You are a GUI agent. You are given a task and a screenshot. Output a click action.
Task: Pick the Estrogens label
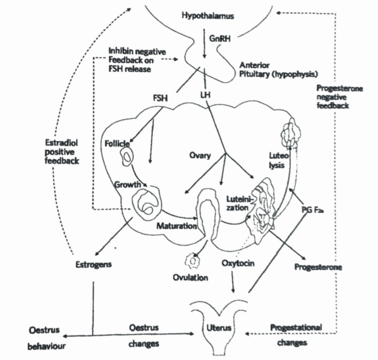click(93, 264)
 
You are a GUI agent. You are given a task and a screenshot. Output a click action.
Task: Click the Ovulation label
click(191, 278)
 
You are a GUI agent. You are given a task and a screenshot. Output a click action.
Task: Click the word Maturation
click(177, 226)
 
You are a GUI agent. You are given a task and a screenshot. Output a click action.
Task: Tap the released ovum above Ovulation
click(192, 261)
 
